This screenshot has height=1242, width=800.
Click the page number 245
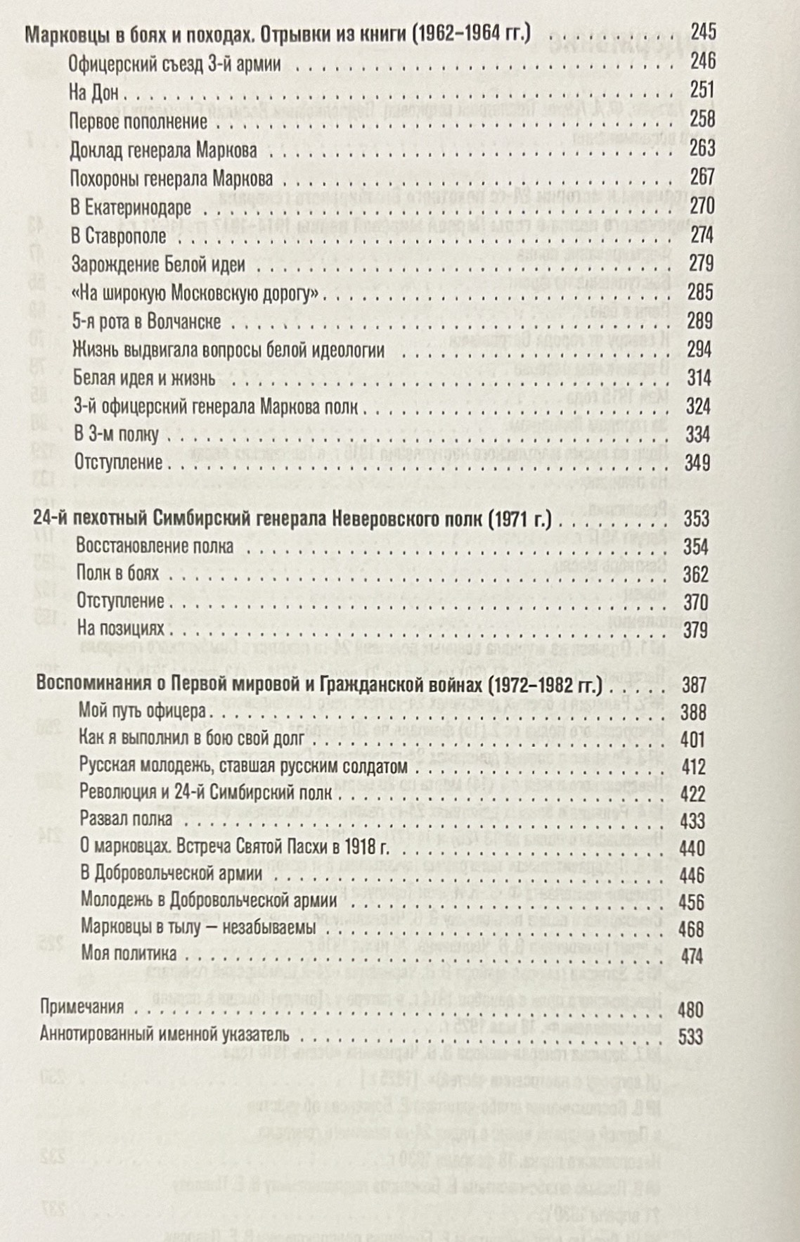click(x=702, y=32)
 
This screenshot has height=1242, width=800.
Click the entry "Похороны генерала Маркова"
click(x=172, y=179)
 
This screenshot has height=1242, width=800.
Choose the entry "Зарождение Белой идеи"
click(x=158, y=264)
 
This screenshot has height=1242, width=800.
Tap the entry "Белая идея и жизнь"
click(x=144, y=378)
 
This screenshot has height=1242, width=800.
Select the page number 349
click(x=697, y=462)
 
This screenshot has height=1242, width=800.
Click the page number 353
click(x=697, y=519)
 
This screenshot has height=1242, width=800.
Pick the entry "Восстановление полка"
click(x=155, y=546)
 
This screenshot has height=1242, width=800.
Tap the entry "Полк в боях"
click(x=117, y=574)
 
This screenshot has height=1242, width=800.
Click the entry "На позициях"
click(x=120, y=629)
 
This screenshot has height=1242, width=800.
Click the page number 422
click(x=693, y=794)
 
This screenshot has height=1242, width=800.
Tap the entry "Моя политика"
click(x=129, y=954)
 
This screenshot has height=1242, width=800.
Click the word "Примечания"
click(x=82, y=1007)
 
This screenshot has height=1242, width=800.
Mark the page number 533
click(x=690, y=1037)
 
